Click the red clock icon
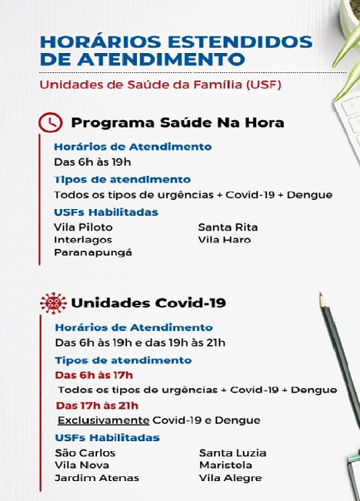51,123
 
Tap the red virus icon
53,303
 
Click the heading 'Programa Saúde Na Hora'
178,123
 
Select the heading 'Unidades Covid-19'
148,303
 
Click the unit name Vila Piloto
83,226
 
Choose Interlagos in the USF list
83,240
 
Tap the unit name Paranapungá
93,252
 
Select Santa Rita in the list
228,226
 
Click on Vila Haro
224,240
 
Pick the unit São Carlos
85,453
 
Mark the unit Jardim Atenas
96,478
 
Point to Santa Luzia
233,453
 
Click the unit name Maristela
226,465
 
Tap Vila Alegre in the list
231,478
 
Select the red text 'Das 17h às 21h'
96,406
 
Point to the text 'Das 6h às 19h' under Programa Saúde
92,162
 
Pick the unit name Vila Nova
82,465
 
